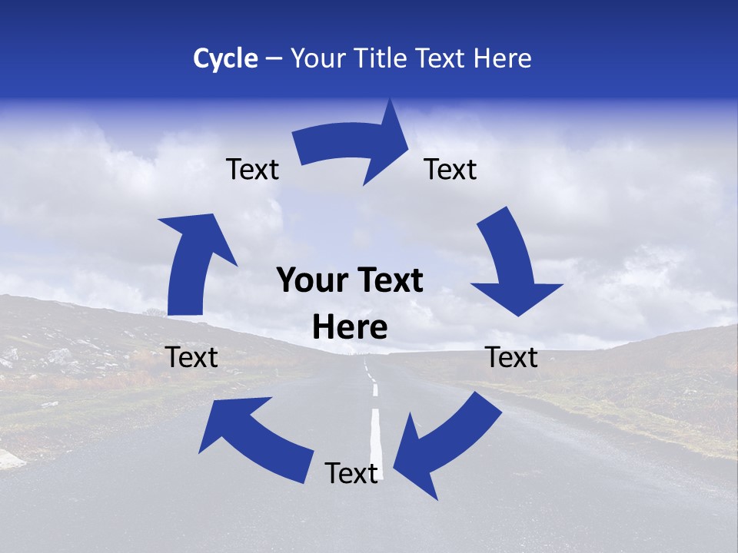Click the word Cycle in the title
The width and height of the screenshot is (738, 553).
[x=225, y=58]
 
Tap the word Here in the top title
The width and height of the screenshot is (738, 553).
[x=502, y=58]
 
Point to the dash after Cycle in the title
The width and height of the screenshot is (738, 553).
[x=273, y=59]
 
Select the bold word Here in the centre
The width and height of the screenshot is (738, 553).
[x=350, y=328]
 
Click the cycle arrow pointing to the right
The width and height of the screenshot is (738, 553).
[x=354, y=148]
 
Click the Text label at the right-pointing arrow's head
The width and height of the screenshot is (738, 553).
[x=450, y=169]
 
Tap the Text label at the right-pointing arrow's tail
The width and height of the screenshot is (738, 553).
[x=252, y=169]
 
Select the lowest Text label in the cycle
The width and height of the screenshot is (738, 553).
[x=351, y=474]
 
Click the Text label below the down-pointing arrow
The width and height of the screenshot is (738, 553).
[x=511, y=357]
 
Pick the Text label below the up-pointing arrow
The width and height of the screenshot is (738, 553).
[x=191, y=357]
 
